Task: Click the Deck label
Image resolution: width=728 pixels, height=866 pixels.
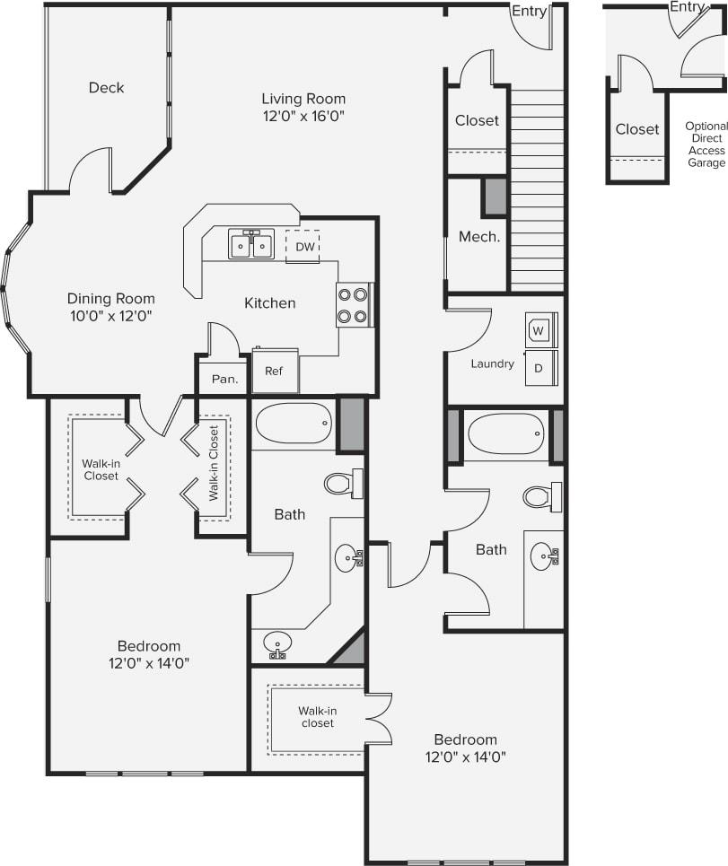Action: click(x=106, y=88)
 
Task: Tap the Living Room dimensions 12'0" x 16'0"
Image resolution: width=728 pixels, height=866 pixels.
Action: click(x=303, y=116)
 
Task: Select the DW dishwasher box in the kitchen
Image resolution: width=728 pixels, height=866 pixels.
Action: click(x=304, y=247)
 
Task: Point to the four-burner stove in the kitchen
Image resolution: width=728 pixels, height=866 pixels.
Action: click(x=354, y=305)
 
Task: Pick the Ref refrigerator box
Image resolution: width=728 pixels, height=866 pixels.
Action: click(x=274, y=371)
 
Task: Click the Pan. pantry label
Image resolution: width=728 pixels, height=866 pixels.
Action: click(x=224, y=380)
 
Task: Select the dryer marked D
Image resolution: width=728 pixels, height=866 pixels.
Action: click(x=540, y=367)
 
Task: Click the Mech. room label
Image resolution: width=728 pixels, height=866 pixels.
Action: click(x=478, y=238)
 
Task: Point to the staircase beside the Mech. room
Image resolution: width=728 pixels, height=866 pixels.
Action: click(x=537, y=188)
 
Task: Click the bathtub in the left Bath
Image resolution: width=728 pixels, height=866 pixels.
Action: click(x=293, y=423)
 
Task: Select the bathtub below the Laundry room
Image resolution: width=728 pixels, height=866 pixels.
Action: click(x=506, y=434)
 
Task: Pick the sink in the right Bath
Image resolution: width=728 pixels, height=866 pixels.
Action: click(x=543, y=557)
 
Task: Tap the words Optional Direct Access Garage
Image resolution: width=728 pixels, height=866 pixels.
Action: click(x=706, y=144)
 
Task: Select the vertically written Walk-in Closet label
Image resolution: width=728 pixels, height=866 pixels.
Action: click(x=214, y=468)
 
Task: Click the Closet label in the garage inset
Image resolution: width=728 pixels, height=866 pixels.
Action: click(x=637, y=129)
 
